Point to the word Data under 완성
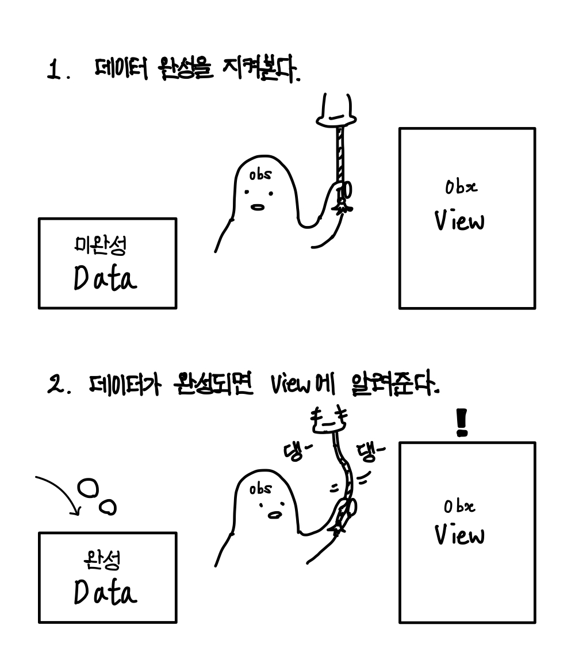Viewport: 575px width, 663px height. pos(105,593)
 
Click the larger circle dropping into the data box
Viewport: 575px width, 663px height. pos(87,488)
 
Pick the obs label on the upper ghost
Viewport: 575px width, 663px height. pos(260,174)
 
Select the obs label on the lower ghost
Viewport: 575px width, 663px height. pos(260,489)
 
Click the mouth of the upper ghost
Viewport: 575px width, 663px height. pos(259,208)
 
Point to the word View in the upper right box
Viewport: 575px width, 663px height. pos(459,221)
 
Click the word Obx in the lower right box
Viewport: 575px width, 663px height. pos(459,507)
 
